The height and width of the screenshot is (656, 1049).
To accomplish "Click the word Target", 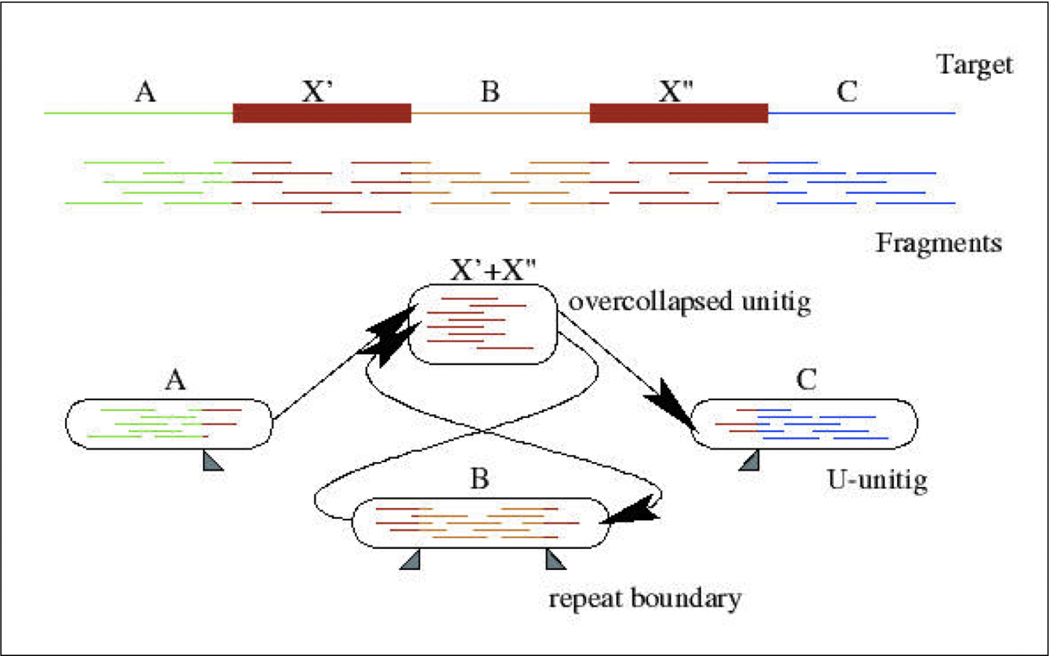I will (975, 65).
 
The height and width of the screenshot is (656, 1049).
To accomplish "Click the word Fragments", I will (939, 243).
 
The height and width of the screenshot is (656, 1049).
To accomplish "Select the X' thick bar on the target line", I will (322, 112).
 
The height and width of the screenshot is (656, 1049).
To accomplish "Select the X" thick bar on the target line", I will (678, 112).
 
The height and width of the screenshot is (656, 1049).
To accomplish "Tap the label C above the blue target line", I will (847, 91).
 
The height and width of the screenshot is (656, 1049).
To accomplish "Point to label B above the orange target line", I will (489, 91).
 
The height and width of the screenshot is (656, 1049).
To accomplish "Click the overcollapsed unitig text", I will (689, 301).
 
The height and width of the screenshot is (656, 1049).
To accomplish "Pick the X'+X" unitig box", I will (482, 323).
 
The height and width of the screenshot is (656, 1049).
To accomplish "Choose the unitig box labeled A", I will (169, 423).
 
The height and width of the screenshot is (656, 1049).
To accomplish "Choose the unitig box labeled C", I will (804, 423).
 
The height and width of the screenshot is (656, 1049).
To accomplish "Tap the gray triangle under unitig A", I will (212, 462).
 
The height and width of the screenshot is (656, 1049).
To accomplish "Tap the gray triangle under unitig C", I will (748, 462).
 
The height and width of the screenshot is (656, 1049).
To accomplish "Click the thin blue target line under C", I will (861, 113).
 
